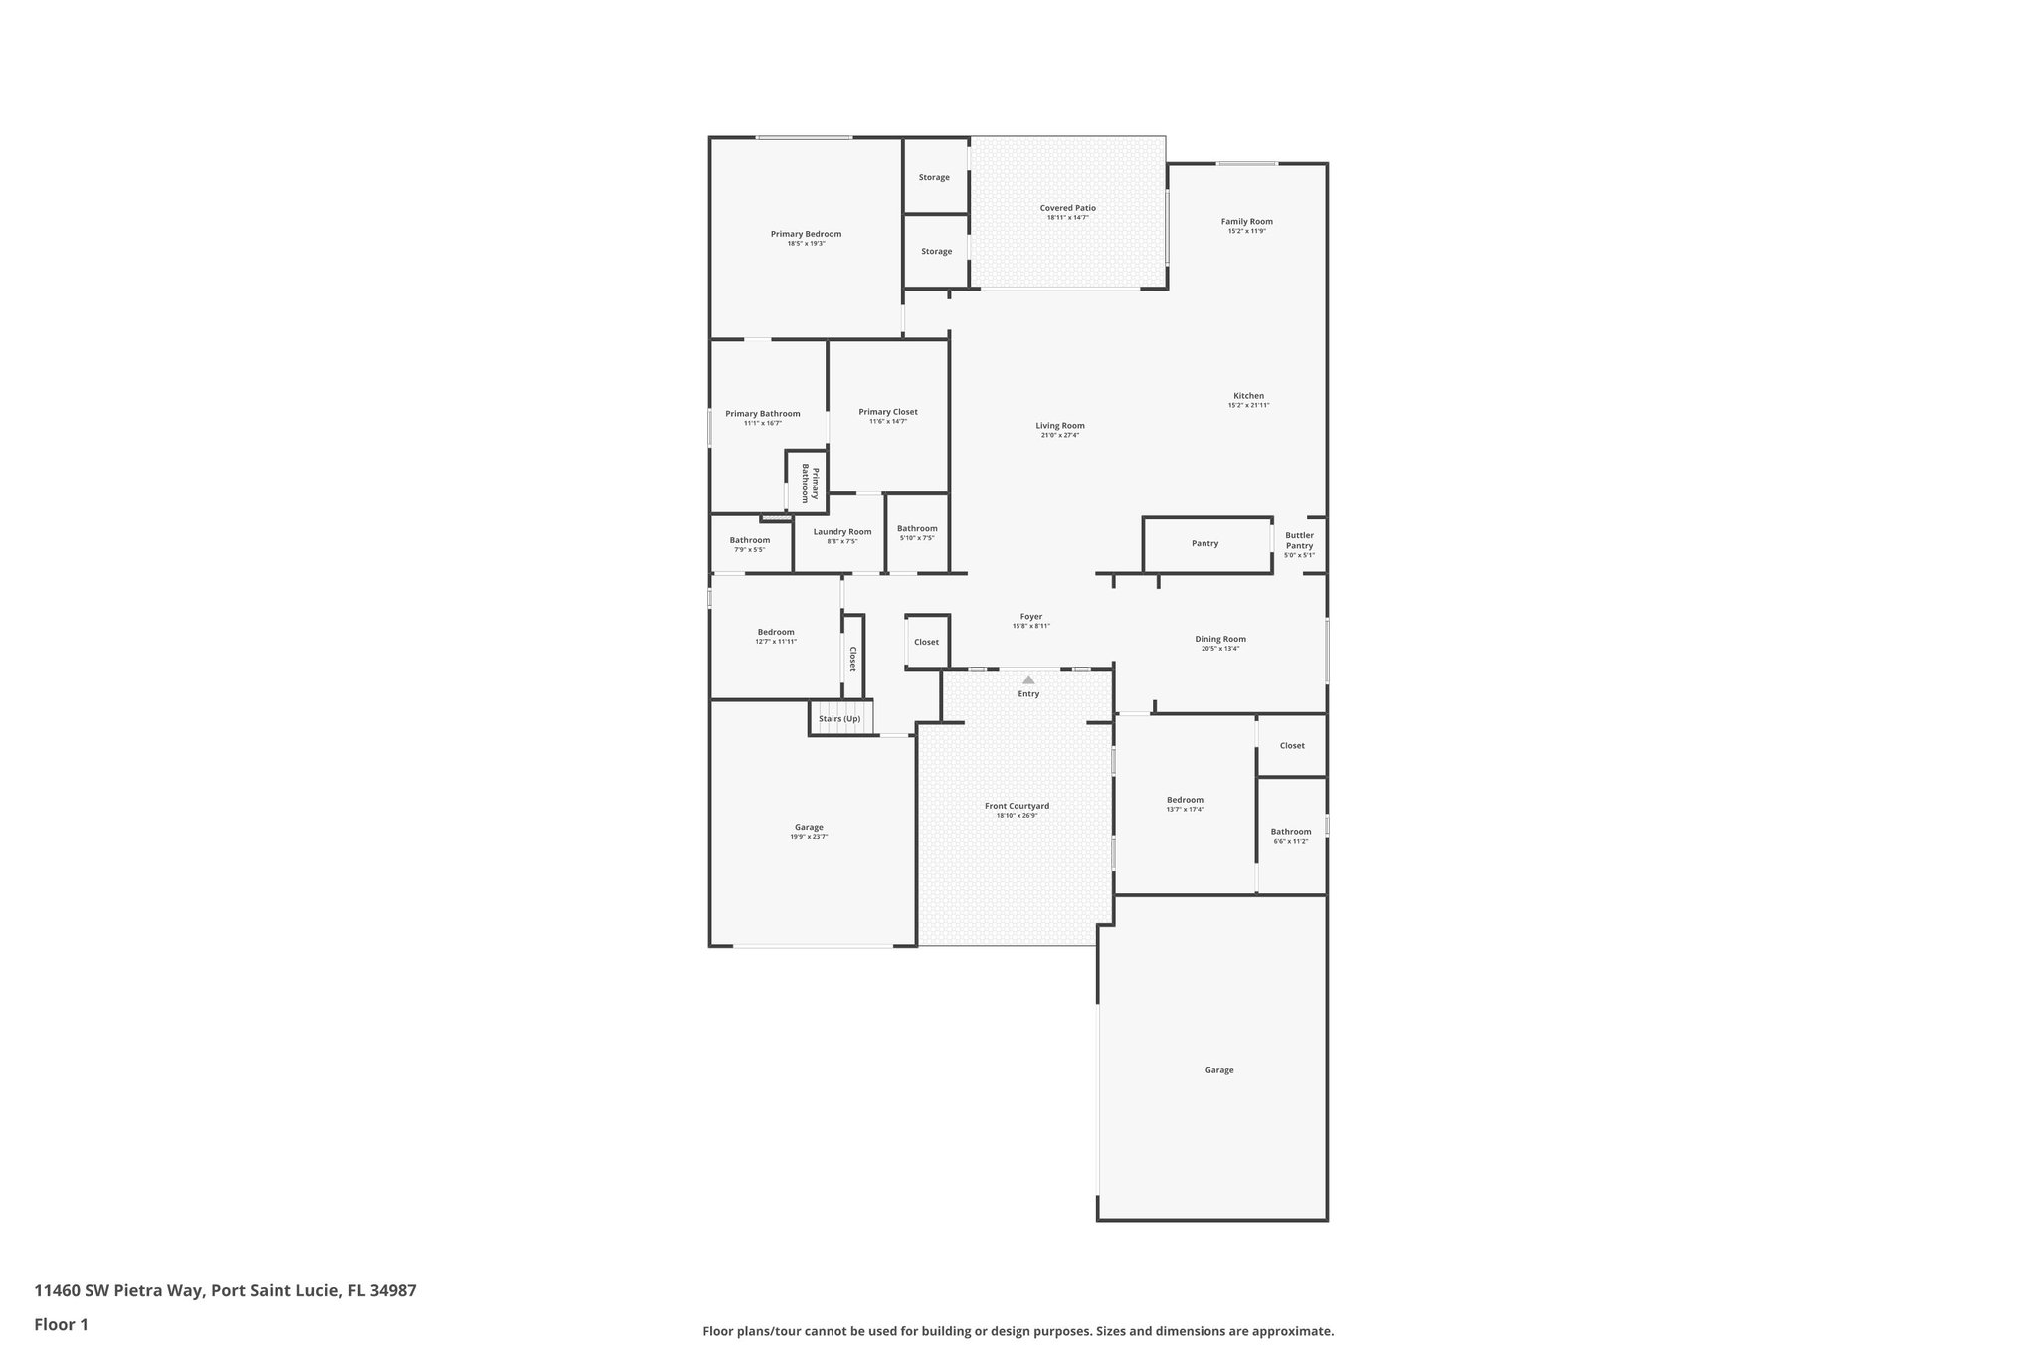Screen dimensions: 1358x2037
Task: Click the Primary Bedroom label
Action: coord(806,234)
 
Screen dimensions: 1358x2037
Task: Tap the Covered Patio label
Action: coord(1067,208)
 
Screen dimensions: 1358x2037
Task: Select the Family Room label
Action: coord(1246,221)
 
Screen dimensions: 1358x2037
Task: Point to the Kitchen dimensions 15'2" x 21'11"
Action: coord(1248,405)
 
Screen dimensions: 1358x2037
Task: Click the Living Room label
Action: coord(1059,425)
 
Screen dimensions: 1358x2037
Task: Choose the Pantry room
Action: coord(1204,543)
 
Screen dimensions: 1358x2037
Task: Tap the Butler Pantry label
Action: coord(1299,540)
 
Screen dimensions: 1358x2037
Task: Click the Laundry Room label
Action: coord(841,531)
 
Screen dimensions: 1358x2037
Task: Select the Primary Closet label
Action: coord(888,411)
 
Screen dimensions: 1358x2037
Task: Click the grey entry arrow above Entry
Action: coord(1028,679)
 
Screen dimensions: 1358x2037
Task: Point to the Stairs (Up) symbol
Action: coord(839,718)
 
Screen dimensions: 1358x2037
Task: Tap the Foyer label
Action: coord(1031,616)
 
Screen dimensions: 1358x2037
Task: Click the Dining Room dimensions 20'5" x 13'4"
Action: coord(1219,649)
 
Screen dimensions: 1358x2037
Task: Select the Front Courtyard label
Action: coord(1017,806)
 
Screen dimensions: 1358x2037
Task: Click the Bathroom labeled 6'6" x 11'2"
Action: coord(1290,832)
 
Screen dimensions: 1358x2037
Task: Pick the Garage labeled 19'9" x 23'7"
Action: coord(809,827)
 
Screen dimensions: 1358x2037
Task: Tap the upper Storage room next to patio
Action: coord(934,177)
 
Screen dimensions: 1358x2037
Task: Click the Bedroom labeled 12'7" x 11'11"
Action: coord(776,632)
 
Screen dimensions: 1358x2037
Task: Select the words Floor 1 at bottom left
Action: coord(62,1324)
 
